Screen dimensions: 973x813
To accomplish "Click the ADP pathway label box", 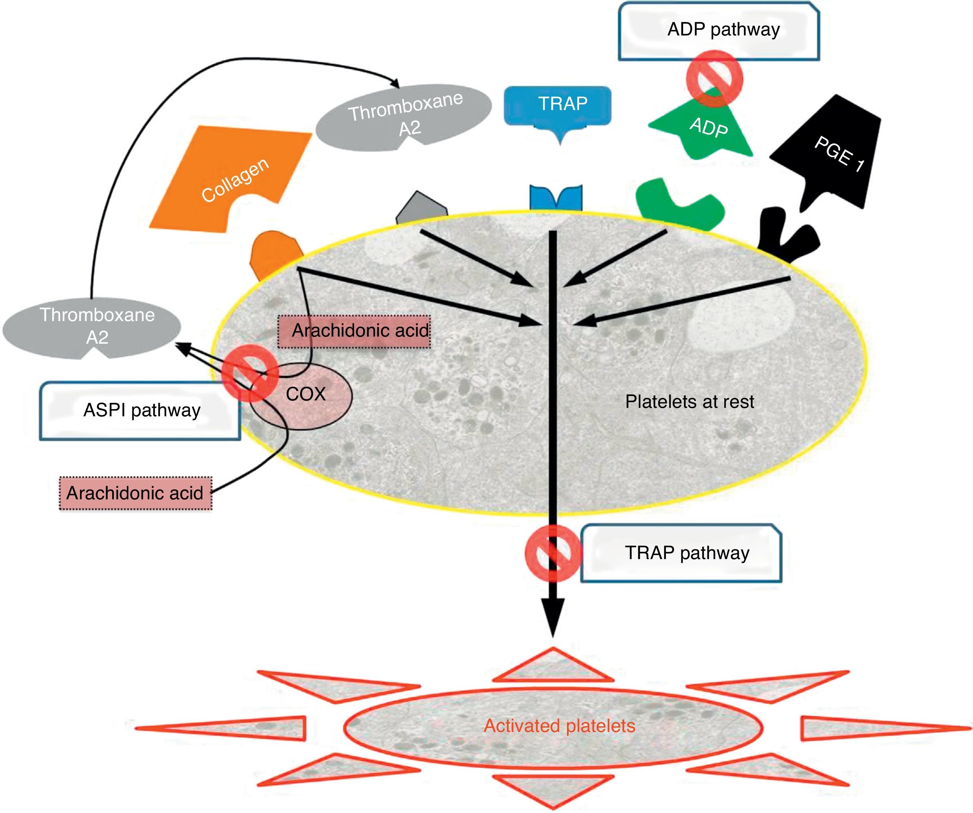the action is (x=719, y=31).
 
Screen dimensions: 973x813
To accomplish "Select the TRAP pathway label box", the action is (x=681, y=553).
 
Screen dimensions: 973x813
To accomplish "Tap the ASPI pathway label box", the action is (x=140, y=411).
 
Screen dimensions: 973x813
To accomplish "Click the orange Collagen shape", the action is (x=231, y=178).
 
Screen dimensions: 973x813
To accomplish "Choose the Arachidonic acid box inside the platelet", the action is (x=354, y=331).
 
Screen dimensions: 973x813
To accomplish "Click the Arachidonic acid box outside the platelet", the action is (x=135, y=493).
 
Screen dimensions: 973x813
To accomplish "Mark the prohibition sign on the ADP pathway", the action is (x=715, y=78).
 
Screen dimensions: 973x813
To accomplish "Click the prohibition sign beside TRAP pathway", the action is (x=553, y=553).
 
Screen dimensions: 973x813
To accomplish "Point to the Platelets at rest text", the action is (x=690, y=402).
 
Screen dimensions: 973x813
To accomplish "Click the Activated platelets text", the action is (x=559, y=726).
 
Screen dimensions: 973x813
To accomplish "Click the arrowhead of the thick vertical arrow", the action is (x=552, y=618).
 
